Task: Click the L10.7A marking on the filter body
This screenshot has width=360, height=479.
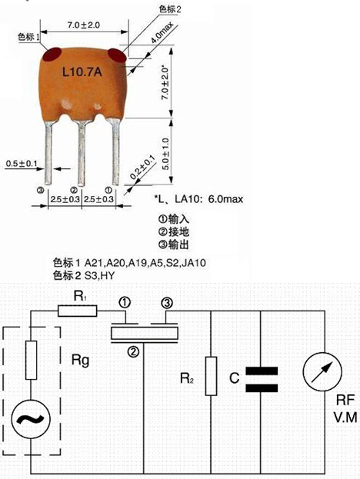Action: pyautogui.click(x=82, y=72)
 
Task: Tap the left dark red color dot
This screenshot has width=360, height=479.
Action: pyautogui.click(x=52, y=55)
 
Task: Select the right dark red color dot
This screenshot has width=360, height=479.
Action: pyautogui.click(x=117, y=55)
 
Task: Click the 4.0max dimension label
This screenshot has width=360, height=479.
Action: pyautogui.click(x=162, y=33)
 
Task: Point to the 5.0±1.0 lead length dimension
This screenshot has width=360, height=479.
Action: pyautogui.click(x=165, y=154)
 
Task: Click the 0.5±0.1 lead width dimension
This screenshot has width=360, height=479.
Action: pyautogui.click(x=21, y=164)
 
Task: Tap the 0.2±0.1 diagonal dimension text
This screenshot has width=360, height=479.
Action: pyautogui.click(x=142, y=168)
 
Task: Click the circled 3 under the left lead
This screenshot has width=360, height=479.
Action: pyautogui.click(x=40, y=191)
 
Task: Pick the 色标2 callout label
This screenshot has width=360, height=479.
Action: pyautogui.click(x=170, y=9)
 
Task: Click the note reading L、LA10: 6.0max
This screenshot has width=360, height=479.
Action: pyautogui.click(x=199, y=199)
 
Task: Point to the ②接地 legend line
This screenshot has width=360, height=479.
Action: pyautogui.click(x=174, y=232)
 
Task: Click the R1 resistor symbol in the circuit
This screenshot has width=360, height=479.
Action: pyautogui.click(x=78, y=311)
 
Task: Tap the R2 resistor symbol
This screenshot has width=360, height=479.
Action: pyautogui.click(x=211, y=376)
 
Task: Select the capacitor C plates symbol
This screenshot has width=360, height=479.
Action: pyautogui.click(x=262, y=380)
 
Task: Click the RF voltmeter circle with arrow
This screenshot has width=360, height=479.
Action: pyautogui.click(x=322, y=372)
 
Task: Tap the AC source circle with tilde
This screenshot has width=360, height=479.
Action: pyautogui.click(x=31, y=419)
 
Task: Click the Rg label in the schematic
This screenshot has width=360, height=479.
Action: pyautogui.click(x=80, y=361)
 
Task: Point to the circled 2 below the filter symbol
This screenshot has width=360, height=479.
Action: pyautogui.click(x=133, y=352)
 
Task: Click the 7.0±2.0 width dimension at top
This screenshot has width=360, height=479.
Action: pyautogui.click(x=84, y=25)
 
